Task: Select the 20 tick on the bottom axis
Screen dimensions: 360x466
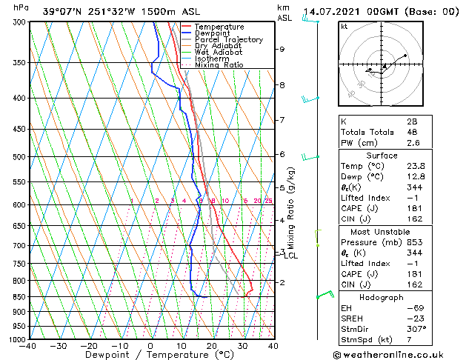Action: (211, 345)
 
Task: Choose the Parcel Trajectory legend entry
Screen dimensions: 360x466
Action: (228, 40)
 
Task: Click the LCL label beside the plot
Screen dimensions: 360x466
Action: (290, 256)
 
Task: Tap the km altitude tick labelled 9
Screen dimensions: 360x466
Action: (282, 49)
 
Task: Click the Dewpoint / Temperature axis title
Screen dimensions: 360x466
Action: (150, 355)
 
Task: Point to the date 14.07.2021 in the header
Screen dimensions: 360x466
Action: (331, 11)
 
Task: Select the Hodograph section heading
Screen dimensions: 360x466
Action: (382, 297)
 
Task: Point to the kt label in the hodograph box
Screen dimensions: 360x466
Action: (344, 26)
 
